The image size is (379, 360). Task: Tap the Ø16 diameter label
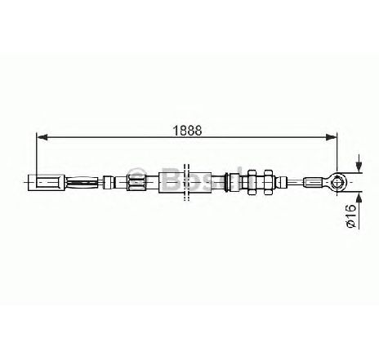351,216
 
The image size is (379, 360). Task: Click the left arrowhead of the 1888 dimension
42,137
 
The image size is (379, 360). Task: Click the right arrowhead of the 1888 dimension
331,137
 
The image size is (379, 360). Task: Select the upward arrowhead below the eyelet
359,198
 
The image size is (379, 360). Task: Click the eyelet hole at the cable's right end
339,182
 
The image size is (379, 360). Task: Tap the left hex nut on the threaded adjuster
252,182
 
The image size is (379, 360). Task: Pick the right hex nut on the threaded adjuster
269,182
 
